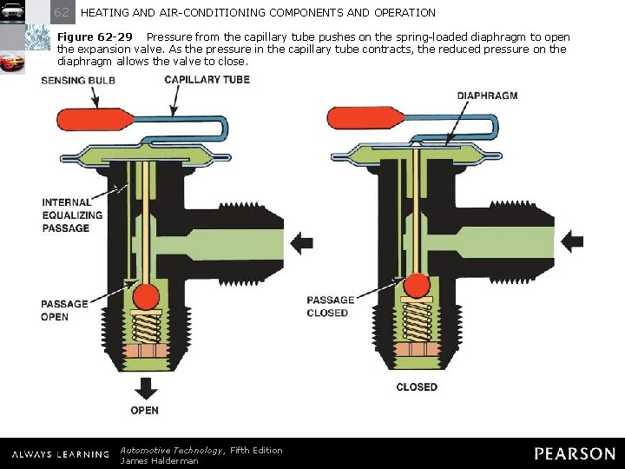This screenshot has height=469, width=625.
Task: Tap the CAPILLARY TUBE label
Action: point(207,79)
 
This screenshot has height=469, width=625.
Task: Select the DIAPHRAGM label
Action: point(487,95)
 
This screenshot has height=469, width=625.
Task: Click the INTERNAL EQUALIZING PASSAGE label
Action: point(72,215)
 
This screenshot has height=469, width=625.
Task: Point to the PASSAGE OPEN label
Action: point(65,310)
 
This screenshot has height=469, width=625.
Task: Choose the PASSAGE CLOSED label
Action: point(331,307)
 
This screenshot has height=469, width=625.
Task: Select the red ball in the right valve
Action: point(418,285)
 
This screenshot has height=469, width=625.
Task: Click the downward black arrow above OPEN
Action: point(145,386)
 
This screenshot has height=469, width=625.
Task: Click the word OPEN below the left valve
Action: point(145,409)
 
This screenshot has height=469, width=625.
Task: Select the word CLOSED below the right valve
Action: point(417,386)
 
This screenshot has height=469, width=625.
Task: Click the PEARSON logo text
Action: point(574,453)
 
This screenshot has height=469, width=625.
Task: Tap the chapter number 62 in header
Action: point(62,12)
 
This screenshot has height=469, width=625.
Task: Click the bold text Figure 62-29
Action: point(95,37)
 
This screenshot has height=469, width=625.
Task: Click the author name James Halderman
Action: point(159,460)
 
